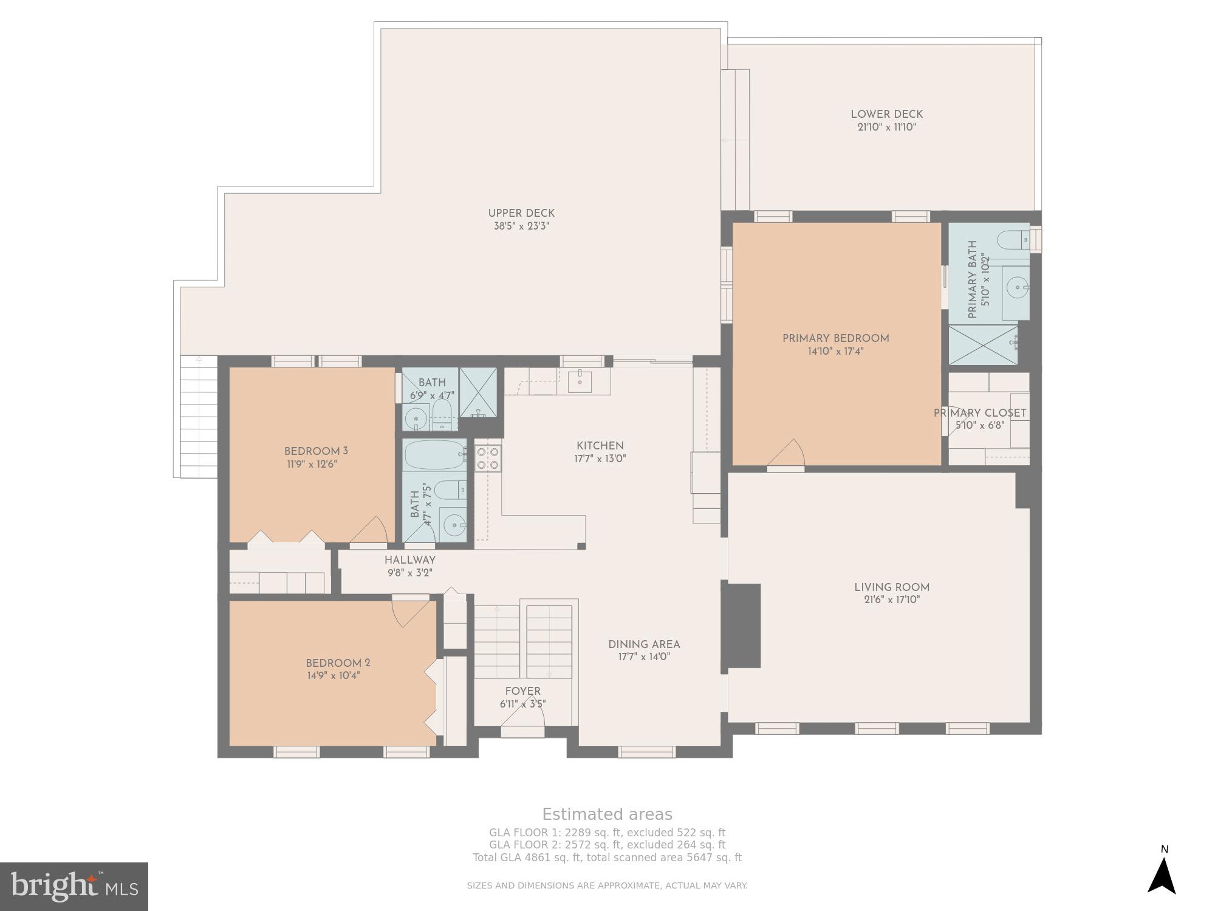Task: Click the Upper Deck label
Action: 521,213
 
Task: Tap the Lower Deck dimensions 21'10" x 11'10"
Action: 886,128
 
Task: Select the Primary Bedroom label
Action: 835,338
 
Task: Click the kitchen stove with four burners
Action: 488,458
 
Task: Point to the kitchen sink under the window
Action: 580,381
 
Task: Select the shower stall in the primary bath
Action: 982,345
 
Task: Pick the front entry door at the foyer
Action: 522,723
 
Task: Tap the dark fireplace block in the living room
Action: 744,626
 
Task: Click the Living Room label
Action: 891,587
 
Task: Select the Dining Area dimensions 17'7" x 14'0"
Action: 644,657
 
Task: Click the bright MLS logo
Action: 74,886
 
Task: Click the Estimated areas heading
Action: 607,814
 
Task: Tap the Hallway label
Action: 409,560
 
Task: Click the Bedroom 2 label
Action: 338,663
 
